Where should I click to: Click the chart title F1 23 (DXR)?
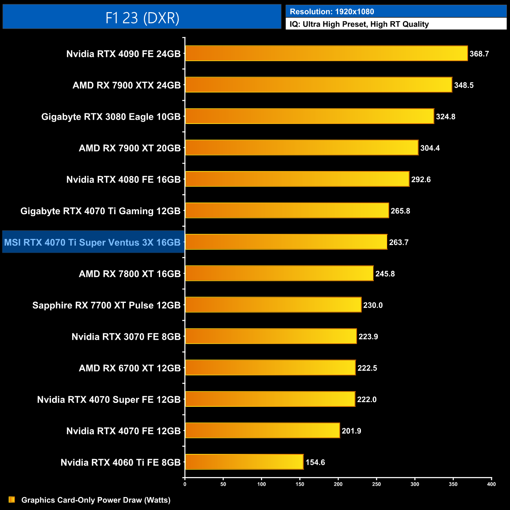(x=142, y=18)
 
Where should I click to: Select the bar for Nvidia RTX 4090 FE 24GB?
(x=326, y=53)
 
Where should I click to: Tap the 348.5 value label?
(x=464, y=85)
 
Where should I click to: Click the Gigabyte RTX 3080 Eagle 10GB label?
(x=111, y=117)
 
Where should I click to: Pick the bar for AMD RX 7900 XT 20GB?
(x=302, y=148)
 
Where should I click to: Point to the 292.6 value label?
(x=421, y=179)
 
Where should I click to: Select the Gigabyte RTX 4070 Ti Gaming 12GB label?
(x=100, y=211)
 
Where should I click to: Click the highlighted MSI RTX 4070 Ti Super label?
(x=93, y=242)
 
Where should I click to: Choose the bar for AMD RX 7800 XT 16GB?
(x=279, y=273)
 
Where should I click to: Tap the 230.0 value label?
(x=373, y=305)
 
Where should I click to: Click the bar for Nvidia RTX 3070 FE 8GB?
(x=271, y=336)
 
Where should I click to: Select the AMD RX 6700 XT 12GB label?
(x=130, y=368)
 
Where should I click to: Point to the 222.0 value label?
(x=367, y=399)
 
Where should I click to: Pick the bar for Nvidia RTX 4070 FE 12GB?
(x=262, y=430)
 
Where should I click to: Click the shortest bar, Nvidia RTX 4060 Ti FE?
(x=244, y=462)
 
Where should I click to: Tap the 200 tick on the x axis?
(x=338, y=484)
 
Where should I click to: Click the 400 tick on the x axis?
(x=491, y=484)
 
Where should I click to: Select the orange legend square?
(x=12, y=499)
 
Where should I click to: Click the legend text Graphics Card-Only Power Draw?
(x=96, y=500)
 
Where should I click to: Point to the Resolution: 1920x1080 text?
(x=332, y=12)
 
